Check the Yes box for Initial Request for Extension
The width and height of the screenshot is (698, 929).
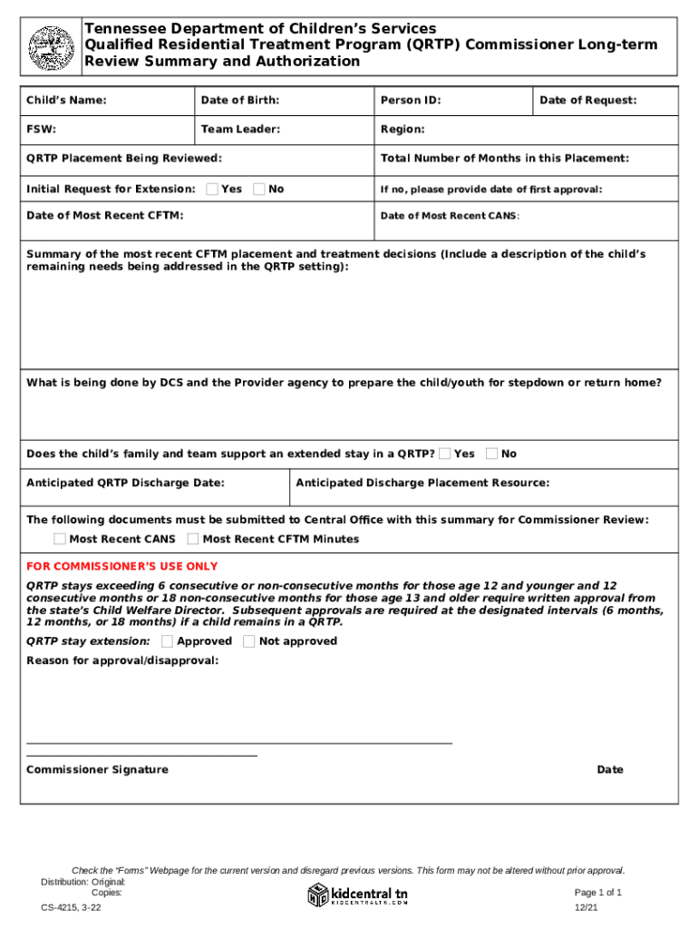tap(211, 189)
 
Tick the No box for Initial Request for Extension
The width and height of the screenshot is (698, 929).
tap(259, 189)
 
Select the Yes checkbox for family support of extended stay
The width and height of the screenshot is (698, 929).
tap(445, 454)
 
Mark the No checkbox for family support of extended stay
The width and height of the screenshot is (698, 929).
tap(491, 454)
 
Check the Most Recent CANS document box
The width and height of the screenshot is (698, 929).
tap(60, 539)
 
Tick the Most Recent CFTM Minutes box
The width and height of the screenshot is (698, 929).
tap(193, 539)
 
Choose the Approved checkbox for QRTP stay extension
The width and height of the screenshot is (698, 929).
tap(168, 641)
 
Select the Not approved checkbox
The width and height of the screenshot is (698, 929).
tap(249, 641)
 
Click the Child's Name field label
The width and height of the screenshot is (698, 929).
tap(66, 101)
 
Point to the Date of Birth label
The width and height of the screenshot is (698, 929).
tap(239, 101)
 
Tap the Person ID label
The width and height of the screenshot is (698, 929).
tap(411, 101)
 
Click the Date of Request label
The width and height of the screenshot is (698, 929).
tap(587, 101)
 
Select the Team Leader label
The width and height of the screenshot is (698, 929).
tap(240, 130)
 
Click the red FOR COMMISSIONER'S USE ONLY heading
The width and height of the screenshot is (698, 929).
tap(121, 566)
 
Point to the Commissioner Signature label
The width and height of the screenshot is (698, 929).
tap(97, 769)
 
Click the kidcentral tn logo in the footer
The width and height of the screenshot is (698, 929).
tap(358, 895)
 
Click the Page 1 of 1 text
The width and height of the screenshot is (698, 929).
tap(596, 893)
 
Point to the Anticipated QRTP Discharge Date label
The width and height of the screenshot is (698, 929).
tap(125, 483)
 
